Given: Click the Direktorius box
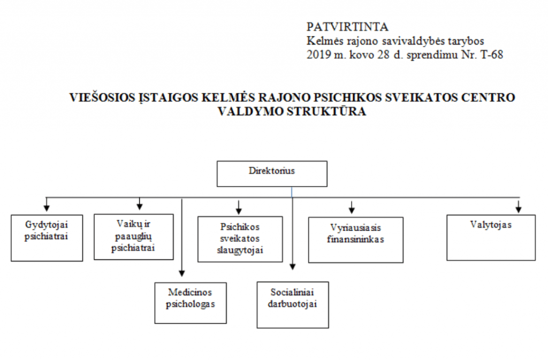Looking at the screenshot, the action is [272, 173].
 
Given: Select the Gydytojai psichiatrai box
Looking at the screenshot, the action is [47, 238].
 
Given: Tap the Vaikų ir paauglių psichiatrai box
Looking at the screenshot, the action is [133, 237].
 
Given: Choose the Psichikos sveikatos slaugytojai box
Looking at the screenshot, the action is [240, 239].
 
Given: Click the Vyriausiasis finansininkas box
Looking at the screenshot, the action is [356, 240].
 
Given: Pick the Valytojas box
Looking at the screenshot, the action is [491, 238].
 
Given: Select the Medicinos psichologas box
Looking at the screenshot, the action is [191, 303].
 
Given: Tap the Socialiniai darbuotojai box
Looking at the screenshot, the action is [293, 305].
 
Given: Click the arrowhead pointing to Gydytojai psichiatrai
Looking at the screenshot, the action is [47, 208].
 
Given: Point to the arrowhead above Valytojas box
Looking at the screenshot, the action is [519, 209].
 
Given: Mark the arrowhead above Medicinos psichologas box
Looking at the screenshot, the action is [182, 273].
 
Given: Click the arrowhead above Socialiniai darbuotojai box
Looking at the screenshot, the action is [293, 267].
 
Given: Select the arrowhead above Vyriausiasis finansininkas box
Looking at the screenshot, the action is [352, 210].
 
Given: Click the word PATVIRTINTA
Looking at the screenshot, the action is [347, 27].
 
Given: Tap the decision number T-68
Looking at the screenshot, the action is [492, 55].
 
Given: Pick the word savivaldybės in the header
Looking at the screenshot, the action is [415, 41].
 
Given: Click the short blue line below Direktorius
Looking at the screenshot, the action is [292, 192].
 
